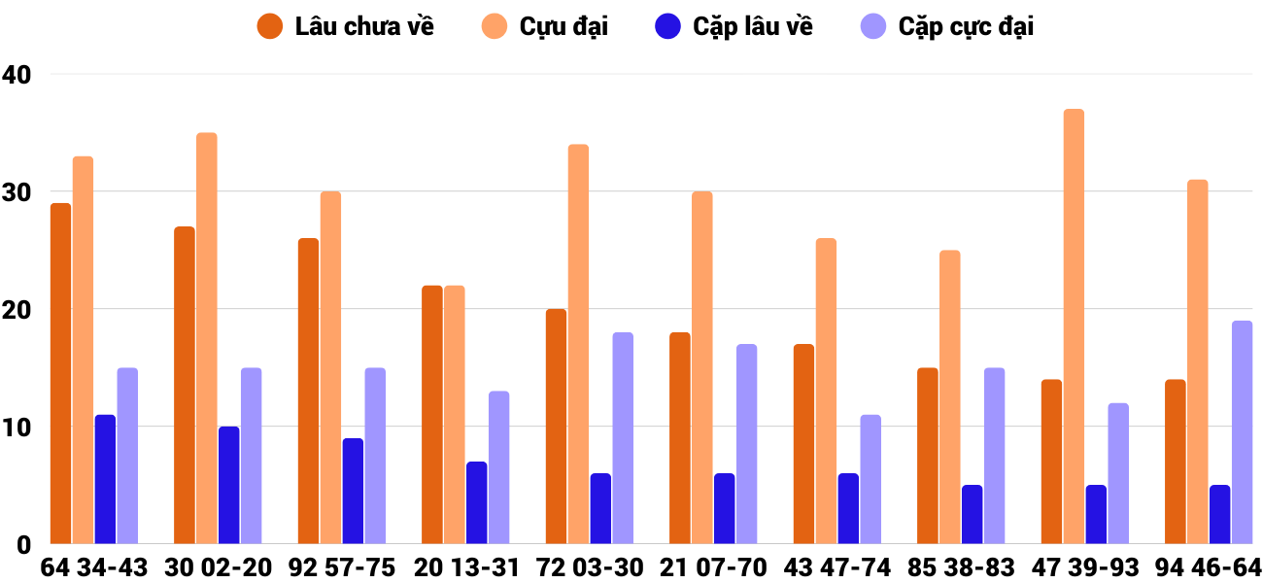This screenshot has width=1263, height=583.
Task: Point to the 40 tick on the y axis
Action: tap(17, 75)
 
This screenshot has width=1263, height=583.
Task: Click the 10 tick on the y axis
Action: tap(17, 428)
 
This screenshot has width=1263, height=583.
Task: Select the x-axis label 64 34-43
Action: tap(94, 567)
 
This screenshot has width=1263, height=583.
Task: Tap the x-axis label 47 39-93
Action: tap(1086, 567)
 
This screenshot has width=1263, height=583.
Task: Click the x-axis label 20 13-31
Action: tap(465, 567)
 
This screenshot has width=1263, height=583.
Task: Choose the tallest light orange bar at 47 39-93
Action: tap(1074, 326)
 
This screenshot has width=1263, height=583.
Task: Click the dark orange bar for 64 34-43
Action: tap(61, 373)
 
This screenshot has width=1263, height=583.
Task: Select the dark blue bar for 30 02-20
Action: tap(229, 485)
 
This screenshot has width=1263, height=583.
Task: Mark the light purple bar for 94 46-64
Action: tap(1242, 432)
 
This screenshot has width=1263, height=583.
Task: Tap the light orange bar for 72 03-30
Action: tap(578, 344)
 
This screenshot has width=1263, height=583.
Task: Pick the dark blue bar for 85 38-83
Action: tap(972, 514)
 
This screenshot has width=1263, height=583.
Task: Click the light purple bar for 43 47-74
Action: tap(870, 479)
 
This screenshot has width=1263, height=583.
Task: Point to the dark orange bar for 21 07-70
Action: tap(680, 438)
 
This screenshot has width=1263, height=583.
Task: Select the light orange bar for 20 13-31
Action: tap(455, 415)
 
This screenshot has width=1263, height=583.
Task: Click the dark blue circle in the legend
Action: tap(667, 26)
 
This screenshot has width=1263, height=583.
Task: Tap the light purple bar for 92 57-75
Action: tap(375, 456)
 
